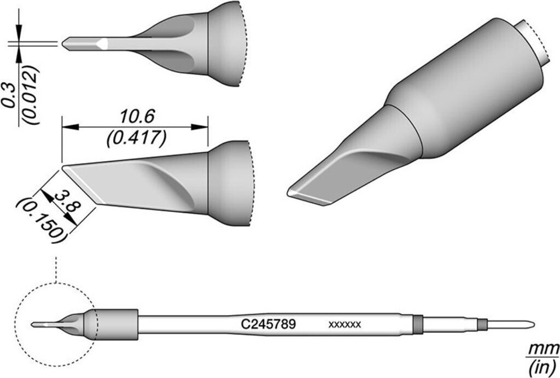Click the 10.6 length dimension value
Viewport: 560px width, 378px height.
pyautogui.click(x=135, y=116)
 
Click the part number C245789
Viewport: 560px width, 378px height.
pyautogui.click(x=269, y=324)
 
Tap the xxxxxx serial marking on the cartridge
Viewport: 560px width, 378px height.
pyautogui.click(x=345, y=325)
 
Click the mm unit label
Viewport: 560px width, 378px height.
pyautogui.click(x=545, y=349)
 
